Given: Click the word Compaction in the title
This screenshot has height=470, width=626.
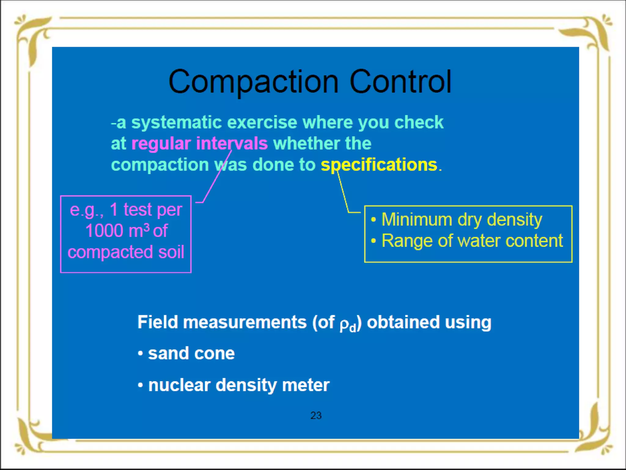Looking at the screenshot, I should coord(253,82).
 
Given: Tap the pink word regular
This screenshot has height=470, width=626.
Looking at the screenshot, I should coord(161,144).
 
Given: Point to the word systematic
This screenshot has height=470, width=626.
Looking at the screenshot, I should coord(176,122).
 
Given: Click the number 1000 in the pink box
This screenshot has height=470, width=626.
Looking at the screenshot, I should coord(104,231).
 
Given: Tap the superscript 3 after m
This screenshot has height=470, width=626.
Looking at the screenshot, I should coord(147,227).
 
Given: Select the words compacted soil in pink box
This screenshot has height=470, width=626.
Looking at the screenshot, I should coord(126,252).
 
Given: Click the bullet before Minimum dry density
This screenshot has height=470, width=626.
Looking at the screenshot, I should coord(373,220).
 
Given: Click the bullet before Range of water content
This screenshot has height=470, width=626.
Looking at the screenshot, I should coord(373,241).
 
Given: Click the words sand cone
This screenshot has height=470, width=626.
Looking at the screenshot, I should coord(191,353).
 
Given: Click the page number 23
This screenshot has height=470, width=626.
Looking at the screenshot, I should coord(316,415).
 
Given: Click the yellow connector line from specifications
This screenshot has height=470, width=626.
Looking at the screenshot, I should coord(343,193).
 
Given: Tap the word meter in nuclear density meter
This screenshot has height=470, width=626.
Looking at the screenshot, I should coord(306,385).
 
